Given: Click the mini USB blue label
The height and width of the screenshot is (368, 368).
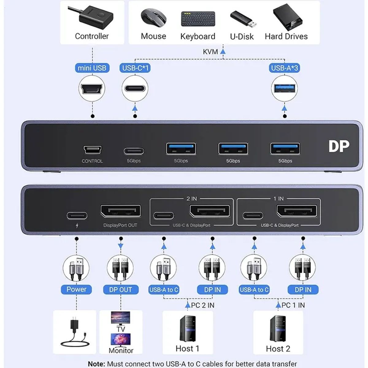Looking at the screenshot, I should tap(92, 68).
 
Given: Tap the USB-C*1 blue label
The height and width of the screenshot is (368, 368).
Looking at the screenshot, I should tap(135, 68).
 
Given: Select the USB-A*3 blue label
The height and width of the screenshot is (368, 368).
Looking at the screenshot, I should tap(285, 68).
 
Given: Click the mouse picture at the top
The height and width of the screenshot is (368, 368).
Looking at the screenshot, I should tap(153, 18).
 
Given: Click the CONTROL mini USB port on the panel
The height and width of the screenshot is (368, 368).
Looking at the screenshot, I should tap(92, 150).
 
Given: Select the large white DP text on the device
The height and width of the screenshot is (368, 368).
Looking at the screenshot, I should tap(339, 147).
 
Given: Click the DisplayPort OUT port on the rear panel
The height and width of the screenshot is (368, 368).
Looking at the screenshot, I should tap(121, 211).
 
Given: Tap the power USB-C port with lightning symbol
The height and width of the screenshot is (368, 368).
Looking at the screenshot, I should tap(77, 216).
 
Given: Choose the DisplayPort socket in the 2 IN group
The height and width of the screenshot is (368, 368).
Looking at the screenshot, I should tap(210, 211).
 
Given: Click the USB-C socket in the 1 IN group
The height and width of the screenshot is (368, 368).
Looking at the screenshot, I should tap(253, 215).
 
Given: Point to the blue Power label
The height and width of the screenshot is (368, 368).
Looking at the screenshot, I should tap(76, 289).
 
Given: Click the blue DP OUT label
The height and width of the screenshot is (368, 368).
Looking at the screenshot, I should tap(121, 289).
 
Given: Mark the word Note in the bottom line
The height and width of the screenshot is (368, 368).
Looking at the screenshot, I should tap(96, 364).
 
